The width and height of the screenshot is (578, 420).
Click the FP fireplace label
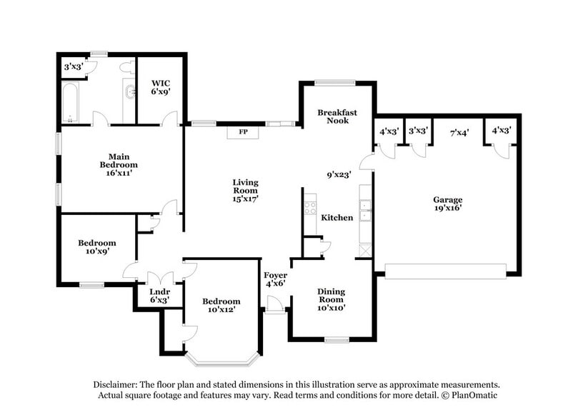(243, 132)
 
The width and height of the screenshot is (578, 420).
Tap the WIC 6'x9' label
(160, 87)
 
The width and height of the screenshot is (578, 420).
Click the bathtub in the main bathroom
(70, 103)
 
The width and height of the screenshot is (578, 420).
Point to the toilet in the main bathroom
(128, 68)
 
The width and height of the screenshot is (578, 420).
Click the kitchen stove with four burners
(310, 208)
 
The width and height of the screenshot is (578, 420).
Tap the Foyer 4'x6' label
(275, 279)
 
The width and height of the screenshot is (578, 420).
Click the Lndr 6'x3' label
(159, 296)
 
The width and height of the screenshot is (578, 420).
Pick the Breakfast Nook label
(337, 116)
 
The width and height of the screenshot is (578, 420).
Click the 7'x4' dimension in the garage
(459, 132)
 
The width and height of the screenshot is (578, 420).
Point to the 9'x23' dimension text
(339, 174)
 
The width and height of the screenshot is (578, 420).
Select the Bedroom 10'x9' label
(96, 248)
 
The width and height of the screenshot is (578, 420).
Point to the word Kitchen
(337, 217)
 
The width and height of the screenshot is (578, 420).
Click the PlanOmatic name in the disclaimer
(470, 395)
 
